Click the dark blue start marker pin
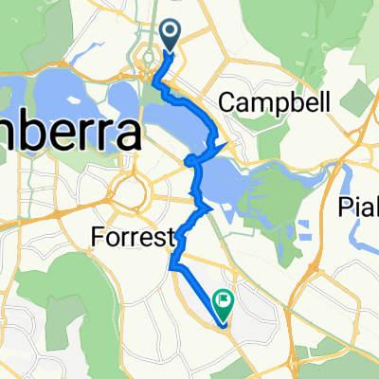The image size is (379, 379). coord(171,35)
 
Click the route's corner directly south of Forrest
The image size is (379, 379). coord(173,267)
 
